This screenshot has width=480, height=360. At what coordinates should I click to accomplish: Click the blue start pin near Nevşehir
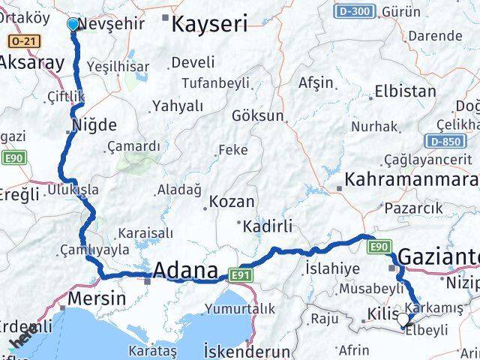[73, 25]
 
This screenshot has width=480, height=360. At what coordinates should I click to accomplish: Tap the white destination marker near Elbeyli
[404, 321]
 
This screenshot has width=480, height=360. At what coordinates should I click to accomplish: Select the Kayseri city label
[209, 24]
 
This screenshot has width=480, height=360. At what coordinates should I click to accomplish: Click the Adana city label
[185, 271]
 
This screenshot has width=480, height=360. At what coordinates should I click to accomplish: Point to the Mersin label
[96, 298]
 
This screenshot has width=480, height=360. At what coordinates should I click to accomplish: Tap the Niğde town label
[94, 124]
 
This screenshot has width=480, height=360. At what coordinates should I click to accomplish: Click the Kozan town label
[232, 202]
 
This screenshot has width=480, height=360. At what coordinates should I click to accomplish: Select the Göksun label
[258, 116]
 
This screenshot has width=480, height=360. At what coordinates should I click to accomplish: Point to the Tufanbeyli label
[204, 82]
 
